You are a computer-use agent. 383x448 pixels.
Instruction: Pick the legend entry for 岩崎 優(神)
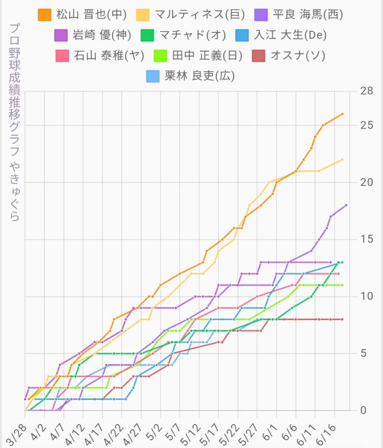(x=93, y=35)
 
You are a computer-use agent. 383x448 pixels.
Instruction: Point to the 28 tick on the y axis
(x=367, y=91)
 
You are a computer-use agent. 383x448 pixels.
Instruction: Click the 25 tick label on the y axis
(x=367, y=125)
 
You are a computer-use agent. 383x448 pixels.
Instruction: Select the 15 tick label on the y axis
(x=367, y=239)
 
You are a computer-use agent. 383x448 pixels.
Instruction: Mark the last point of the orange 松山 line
(x=342, y=114)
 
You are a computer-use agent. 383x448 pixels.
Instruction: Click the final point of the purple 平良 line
(x=346, y=205)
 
